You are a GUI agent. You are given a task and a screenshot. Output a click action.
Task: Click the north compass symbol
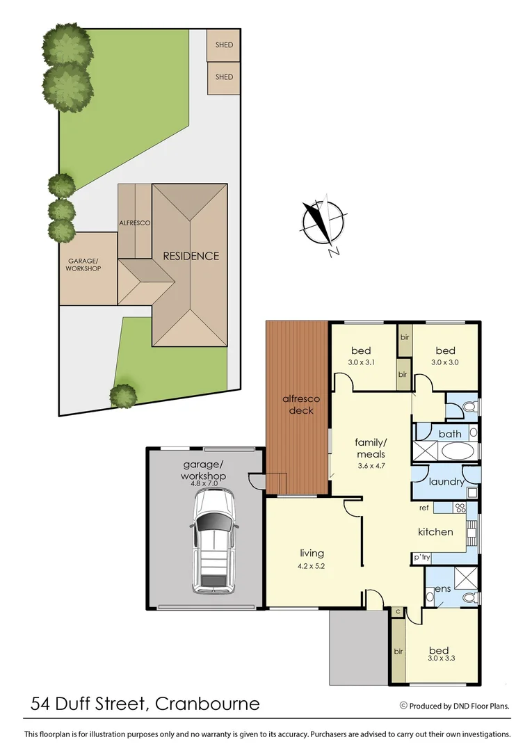[x=322, y=223]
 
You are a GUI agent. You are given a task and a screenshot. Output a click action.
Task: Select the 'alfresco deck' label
[x=300, y=405]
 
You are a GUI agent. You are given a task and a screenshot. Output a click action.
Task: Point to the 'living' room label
[x=312, y=554]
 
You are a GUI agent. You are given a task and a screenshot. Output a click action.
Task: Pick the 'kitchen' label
[x=435, y=532]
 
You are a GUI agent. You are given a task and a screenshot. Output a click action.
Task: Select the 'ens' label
[x=442, y=589]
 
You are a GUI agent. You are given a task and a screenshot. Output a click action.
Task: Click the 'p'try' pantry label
[x=421, y=558]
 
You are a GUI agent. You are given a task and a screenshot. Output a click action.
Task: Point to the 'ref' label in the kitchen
[x=424, y=508]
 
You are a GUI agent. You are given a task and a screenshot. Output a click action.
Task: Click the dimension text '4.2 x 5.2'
[x=312, y=566]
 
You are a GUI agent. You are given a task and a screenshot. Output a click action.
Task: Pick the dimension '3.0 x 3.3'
[x=441, y=658]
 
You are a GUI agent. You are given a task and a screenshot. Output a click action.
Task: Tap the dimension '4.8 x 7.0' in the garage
[x=204, y=483]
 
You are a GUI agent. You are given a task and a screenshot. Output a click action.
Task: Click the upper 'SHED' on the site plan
[x=224, y=45]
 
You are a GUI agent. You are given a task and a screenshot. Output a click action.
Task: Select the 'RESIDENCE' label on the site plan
[x=191, y=256]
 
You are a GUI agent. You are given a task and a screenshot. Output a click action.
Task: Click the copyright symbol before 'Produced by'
[x=403, y=705]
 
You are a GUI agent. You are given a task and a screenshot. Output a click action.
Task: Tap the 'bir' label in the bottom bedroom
[x=398, y=652]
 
